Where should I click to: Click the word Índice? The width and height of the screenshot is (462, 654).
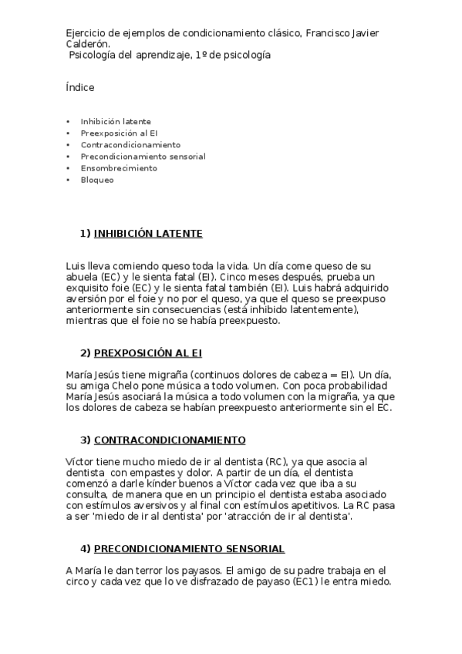[x=80, y=88]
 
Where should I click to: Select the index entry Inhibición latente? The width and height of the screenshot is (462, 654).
[x=116, y=122]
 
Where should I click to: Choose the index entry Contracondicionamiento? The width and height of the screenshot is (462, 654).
[x=130, y=145]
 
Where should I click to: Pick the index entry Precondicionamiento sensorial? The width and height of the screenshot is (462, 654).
[x=143, y=157]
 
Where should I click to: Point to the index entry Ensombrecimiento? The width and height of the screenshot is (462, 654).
[x=119, y=168]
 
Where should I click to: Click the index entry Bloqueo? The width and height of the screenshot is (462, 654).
[x=97, y=180]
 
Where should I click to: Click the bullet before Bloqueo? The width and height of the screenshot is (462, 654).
[x=68, y=180]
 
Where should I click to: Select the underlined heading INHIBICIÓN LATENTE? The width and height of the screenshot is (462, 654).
[x=148, y=233]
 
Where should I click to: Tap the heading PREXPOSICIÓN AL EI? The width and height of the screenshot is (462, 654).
[x=147, y=353]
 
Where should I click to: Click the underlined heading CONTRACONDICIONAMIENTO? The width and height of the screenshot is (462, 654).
[x=170, y=440]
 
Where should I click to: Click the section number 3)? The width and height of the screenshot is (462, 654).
[x=86, y=440]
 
